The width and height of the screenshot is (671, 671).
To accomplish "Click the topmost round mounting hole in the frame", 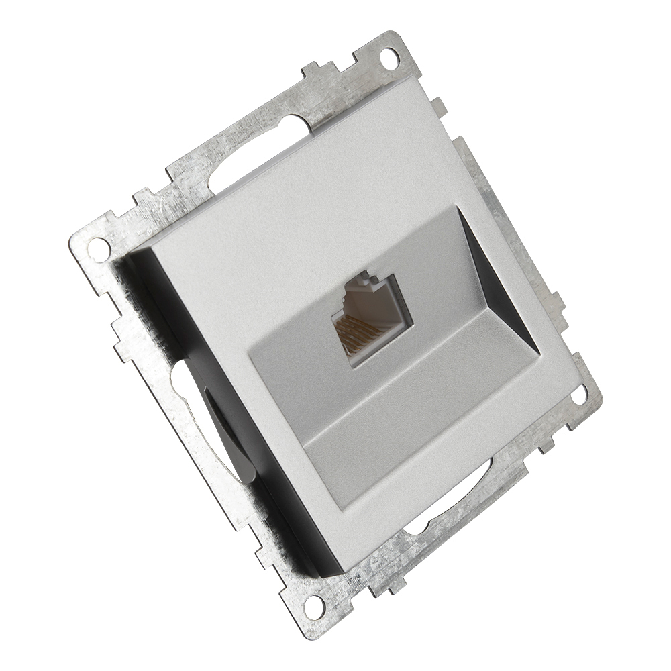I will (x=387, y=56).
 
